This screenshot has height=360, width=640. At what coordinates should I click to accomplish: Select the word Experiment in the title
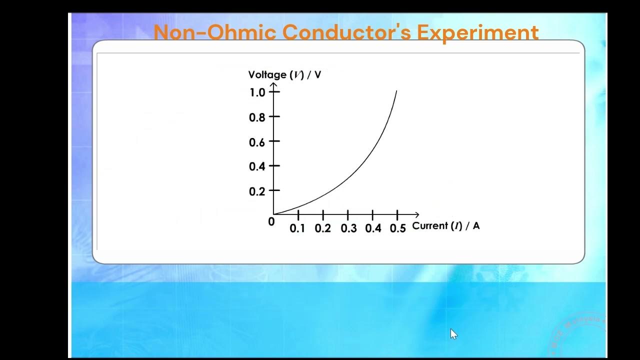(x=477, y=33)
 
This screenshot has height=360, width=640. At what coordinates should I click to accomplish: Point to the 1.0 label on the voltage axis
(x=257, y=92)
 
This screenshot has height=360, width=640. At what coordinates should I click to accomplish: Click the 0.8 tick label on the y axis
(x=257, y=117)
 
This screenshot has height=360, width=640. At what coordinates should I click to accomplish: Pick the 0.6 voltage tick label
(x=257, y=142)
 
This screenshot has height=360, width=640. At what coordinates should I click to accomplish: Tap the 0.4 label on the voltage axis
(x=257, y=166)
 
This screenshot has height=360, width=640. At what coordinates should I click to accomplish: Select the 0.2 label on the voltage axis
(x=257, y=191)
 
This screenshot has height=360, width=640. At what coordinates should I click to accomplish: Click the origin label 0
(x=271, y=222)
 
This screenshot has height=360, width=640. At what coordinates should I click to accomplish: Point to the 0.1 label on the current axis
(x=297, y=228)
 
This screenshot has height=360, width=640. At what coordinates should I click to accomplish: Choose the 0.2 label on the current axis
(x=323, y=228)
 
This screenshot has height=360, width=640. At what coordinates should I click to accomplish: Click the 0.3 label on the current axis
(x=348, y=228)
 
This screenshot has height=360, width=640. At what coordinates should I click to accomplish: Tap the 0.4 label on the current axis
(x=373, y=228)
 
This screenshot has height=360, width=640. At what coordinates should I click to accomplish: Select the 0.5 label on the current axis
(x=398, y=228)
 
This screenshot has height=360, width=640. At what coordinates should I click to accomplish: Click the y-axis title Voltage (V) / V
(x=284, y=75)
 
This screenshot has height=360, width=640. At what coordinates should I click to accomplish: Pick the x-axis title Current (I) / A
(x=445, y=226)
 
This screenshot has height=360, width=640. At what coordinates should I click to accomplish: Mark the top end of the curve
(x=396, y=91)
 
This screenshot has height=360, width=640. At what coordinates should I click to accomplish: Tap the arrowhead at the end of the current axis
(x=417, y=214)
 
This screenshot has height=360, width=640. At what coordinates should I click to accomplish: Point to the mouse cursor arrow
(x=453, y=333)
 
